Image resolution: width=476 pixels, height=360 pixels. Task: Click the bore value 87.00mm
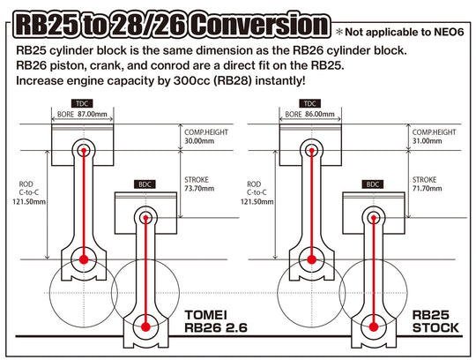93,115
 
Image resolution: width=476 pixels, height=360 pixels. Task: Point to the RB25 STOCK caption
435,323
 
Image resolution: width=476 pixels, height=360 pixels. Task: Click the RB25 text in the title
55,24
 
